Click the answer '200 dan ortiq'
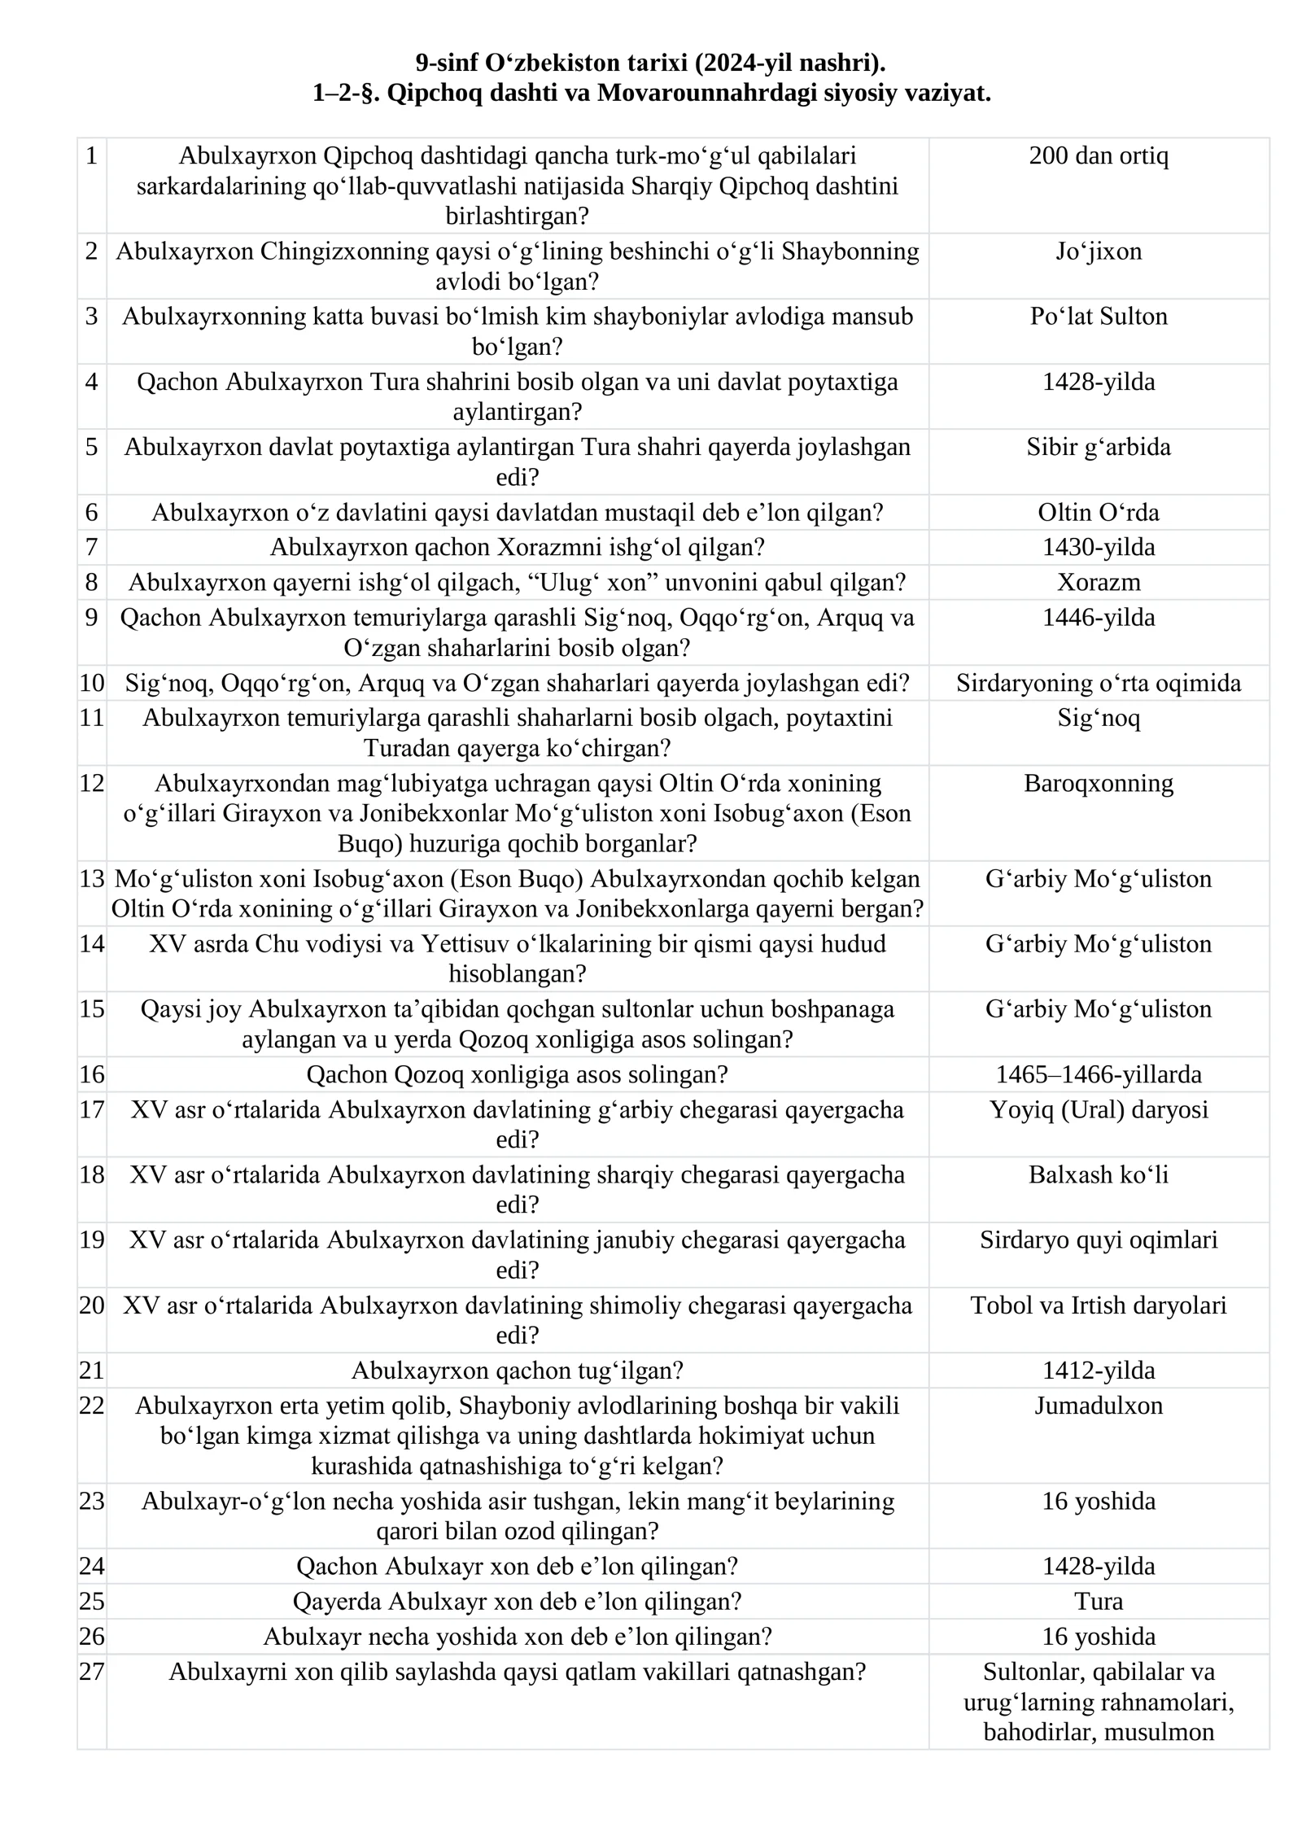point(1098,155)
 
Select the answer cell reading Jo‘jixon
point(1098,251)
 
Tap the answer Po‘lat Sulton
point(1098,316)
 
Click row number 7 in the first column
point(91,547)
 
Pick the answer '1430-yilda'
point(1098,547)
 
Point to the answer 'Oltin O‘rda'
point(1098,512)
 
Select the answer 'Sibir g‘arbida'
point(1098,446)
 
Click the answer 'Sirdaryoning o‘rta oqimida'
point(1098,682)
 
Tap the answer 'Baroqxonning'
point(1098,783)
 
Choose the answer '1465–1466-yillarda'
point(1098,1074)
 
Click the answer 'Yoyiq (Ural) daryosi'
point(1098,1109)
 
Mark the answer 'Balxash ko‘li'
point(1098,1174)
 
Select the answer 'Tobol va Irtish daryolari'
point(1098,1305)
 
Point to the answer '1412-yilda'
point(1098,1371)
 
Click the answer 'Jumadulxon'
point(1098,1406)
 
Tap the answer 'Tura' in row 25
point(1098,1601)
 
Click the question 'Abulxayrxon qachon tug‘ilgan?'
point(517,1371)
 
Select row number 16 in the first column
point(91,1074)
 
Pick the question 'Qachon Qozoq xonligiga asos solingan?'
point(517,1074)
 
